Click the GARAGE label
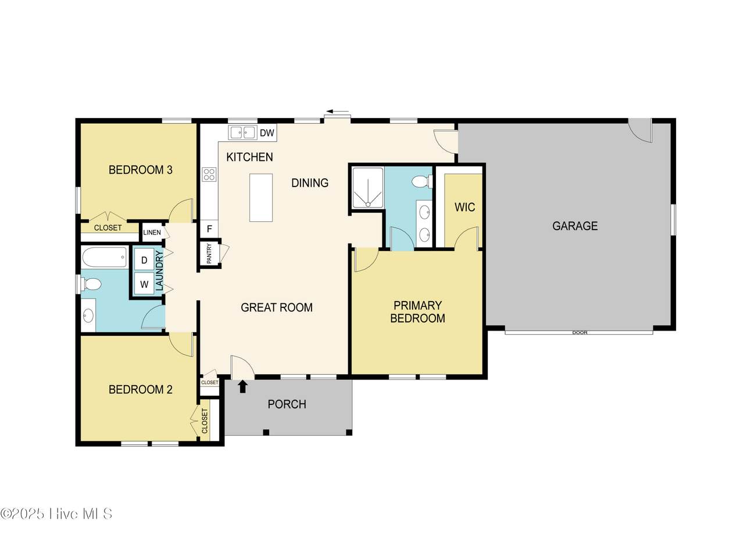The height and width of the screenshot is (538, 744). coord(575,226)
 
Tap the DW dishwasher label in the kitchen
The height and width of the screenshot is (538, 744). coord(267,133)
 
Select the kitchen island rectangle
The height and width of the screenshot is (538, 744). coord(261,198)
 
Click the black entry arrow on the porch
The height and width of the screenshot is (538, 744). coord(243,387)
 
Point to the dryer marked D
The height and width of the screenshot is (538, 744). coord(144,260)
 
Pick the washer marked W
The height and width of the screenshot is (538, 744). coord(144,284)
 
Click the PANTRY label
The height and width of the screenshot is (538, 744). coord(209,254)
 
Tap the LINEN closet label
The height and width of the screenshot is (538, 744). coord(152,232)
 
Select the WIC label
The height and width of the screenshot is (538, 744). coord(464,207)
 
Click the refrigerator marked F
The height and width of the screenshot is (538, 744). coord(209,229)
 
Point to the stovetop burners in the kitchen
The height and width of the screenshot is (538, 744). coord(209,174)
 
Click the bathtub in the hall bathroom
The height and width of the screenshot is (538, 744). coord(104,257)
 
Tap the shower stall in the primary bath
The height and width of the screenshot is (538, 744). coord(368,188)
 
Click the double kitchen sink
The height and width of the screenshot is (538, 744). coord(242,132)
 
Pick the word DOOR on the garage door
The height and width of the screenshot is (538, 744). coord(580,332)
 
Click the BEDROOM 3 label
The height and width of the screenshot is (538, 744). coord(141,170)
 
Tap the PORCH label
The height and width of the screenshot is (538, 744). coord(287,404)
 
